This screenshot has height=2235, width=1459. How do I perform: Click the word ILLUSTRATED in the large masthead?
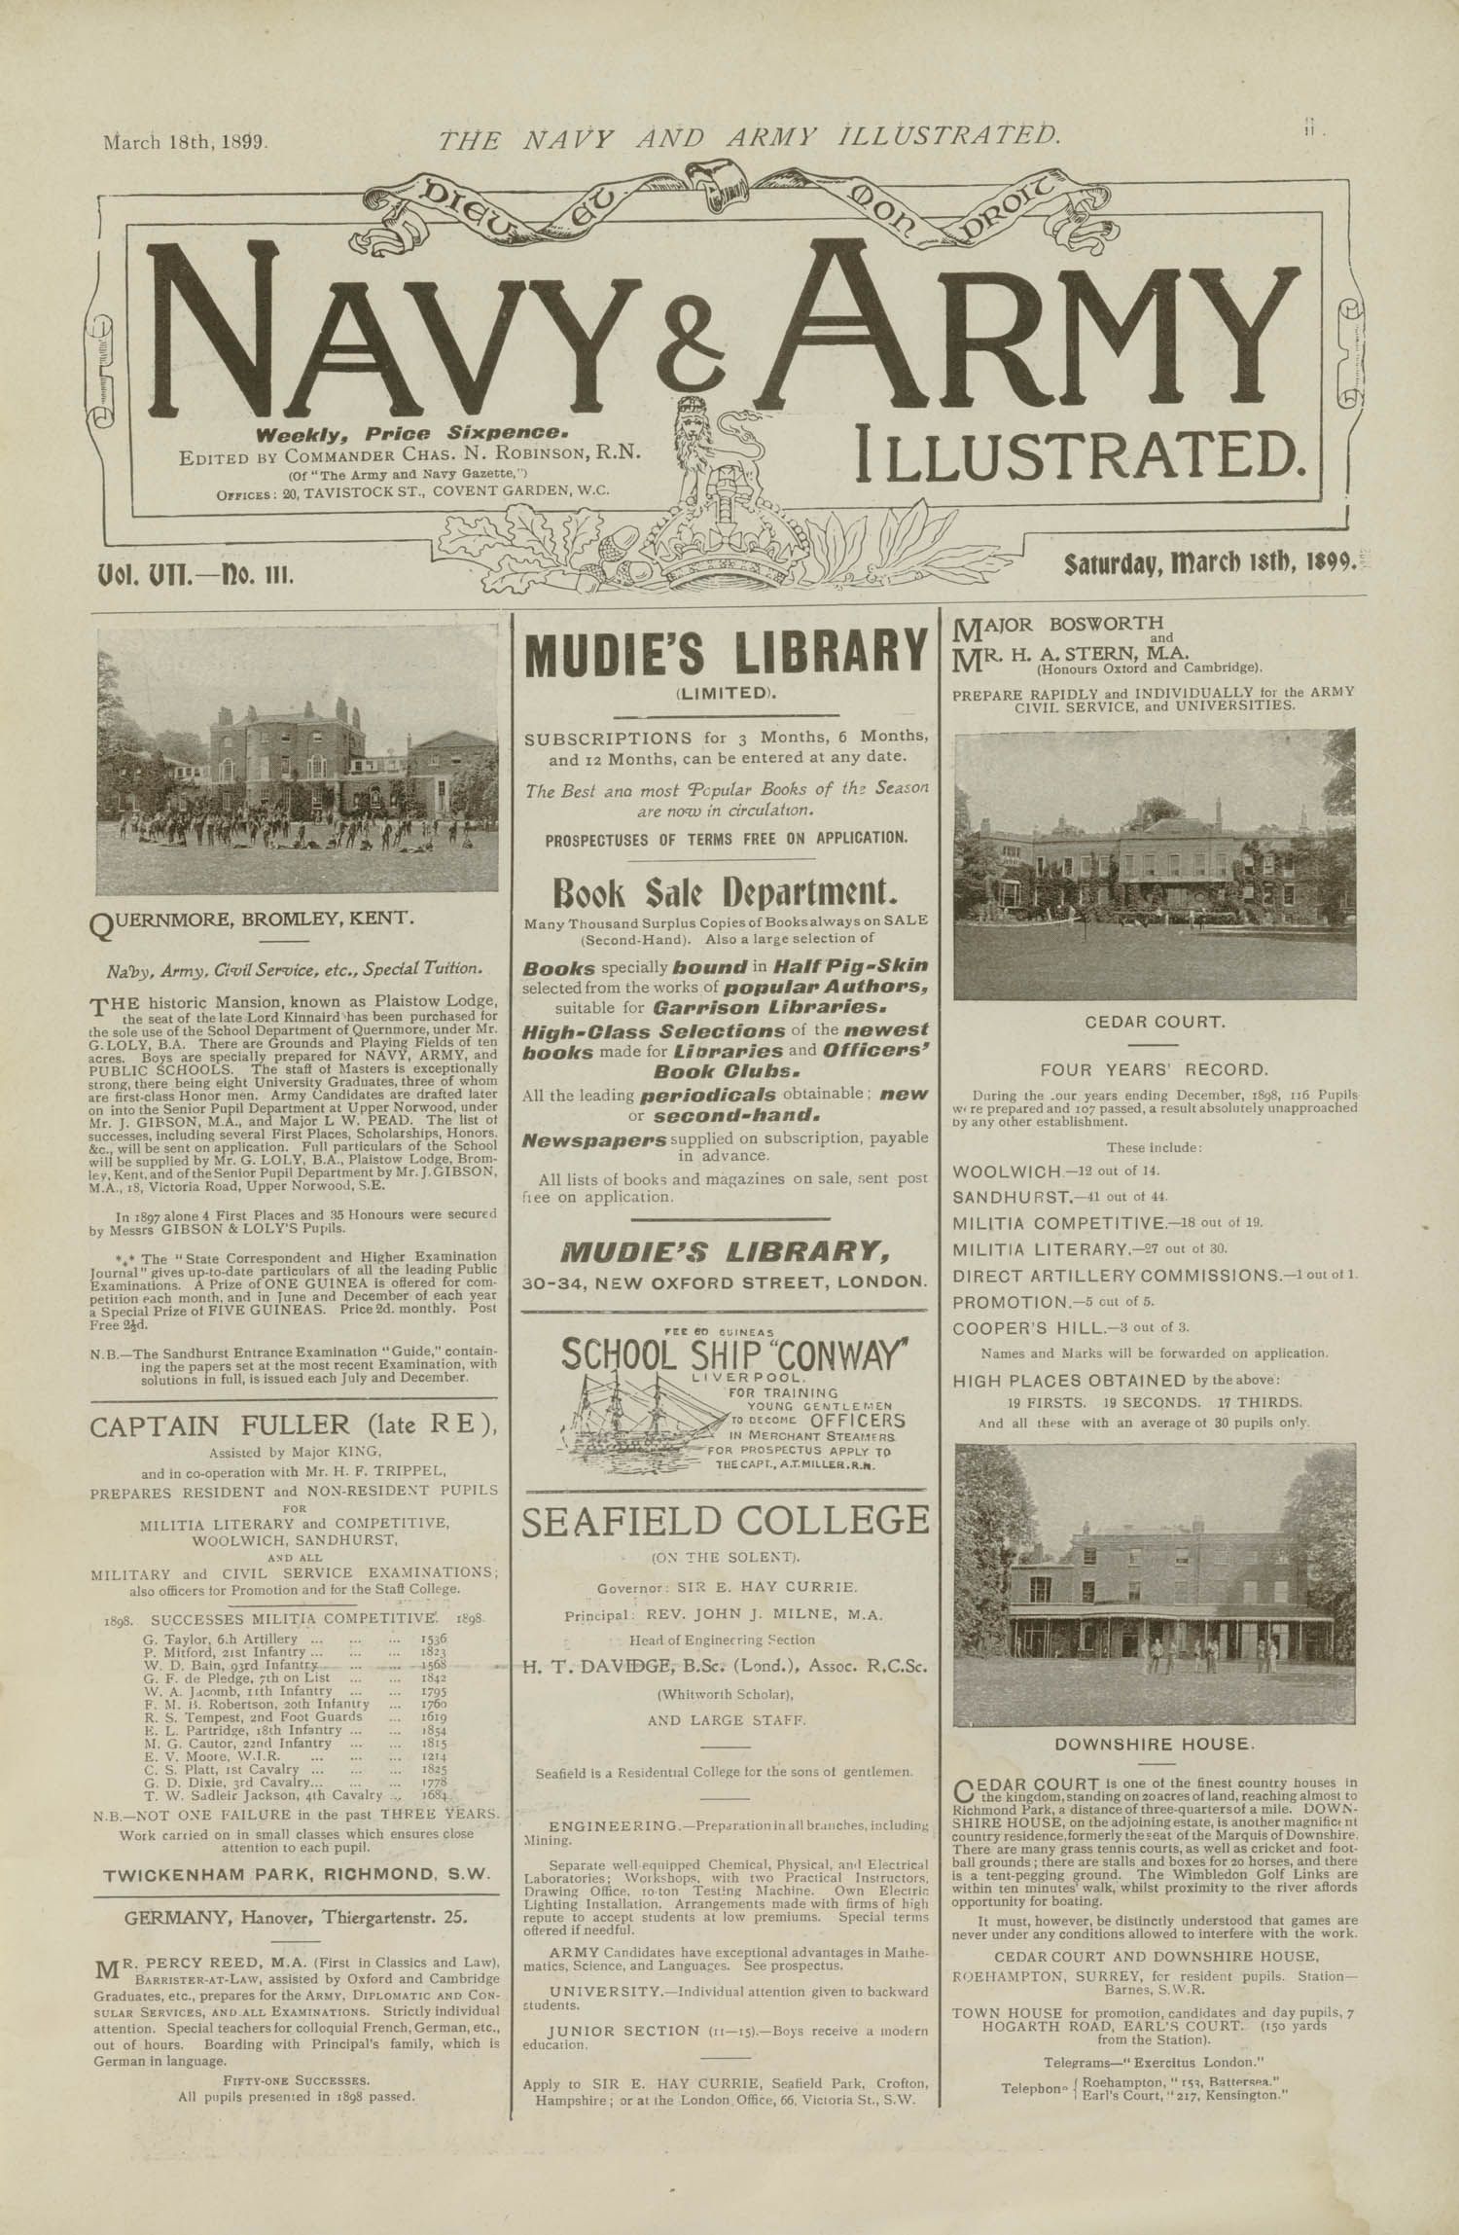1079,452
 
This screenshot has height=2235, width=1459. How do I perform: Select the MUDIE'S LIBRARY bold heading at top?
726,655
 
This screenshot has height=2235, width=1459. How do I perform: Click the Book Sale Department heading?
726,892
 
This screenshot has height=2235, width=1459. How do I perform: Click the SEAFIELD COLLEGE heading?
726,1521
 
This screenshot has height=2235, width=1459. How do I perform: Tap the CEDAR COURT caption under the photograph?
1154,1023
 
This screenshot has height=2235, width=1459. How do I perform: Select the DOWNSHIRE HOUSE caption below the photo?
1154,1744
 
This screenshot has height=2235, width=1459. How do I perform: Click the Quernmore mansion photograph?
298,760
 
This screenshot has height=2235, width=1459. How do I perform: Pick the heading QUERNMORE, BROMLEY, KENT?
251,918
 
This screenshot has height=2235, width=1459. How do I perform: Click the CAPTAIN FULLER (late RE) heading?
294,1426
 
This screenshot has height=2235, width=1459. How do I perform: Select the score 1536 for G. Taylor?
434,1640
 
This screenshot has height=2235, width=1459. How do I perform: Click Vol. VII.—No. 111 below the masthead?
195,574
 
